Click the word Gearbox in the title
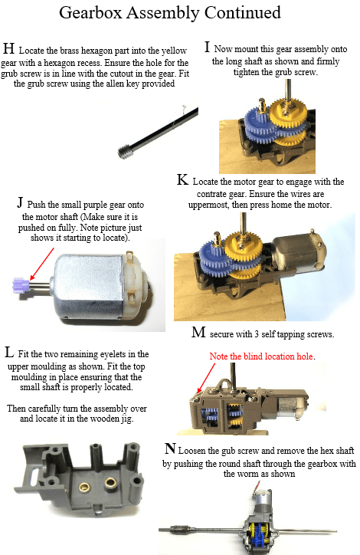point(90,14)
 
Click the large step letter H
point(9,48)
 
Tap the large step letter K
point(182,180)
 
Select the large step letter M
point(198,333)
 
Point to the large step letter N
point(170,448)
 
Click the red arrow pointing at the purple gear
point(41,264)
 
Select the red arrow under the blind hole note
point(206,378)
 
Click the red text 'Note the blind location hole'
point(261,356)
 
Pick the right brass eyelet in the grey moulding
point(111,482)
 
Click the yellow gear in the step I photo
point(286,114)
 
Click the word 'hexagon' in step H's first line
point(97,51)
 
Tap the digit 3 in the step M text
point(256,334)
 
